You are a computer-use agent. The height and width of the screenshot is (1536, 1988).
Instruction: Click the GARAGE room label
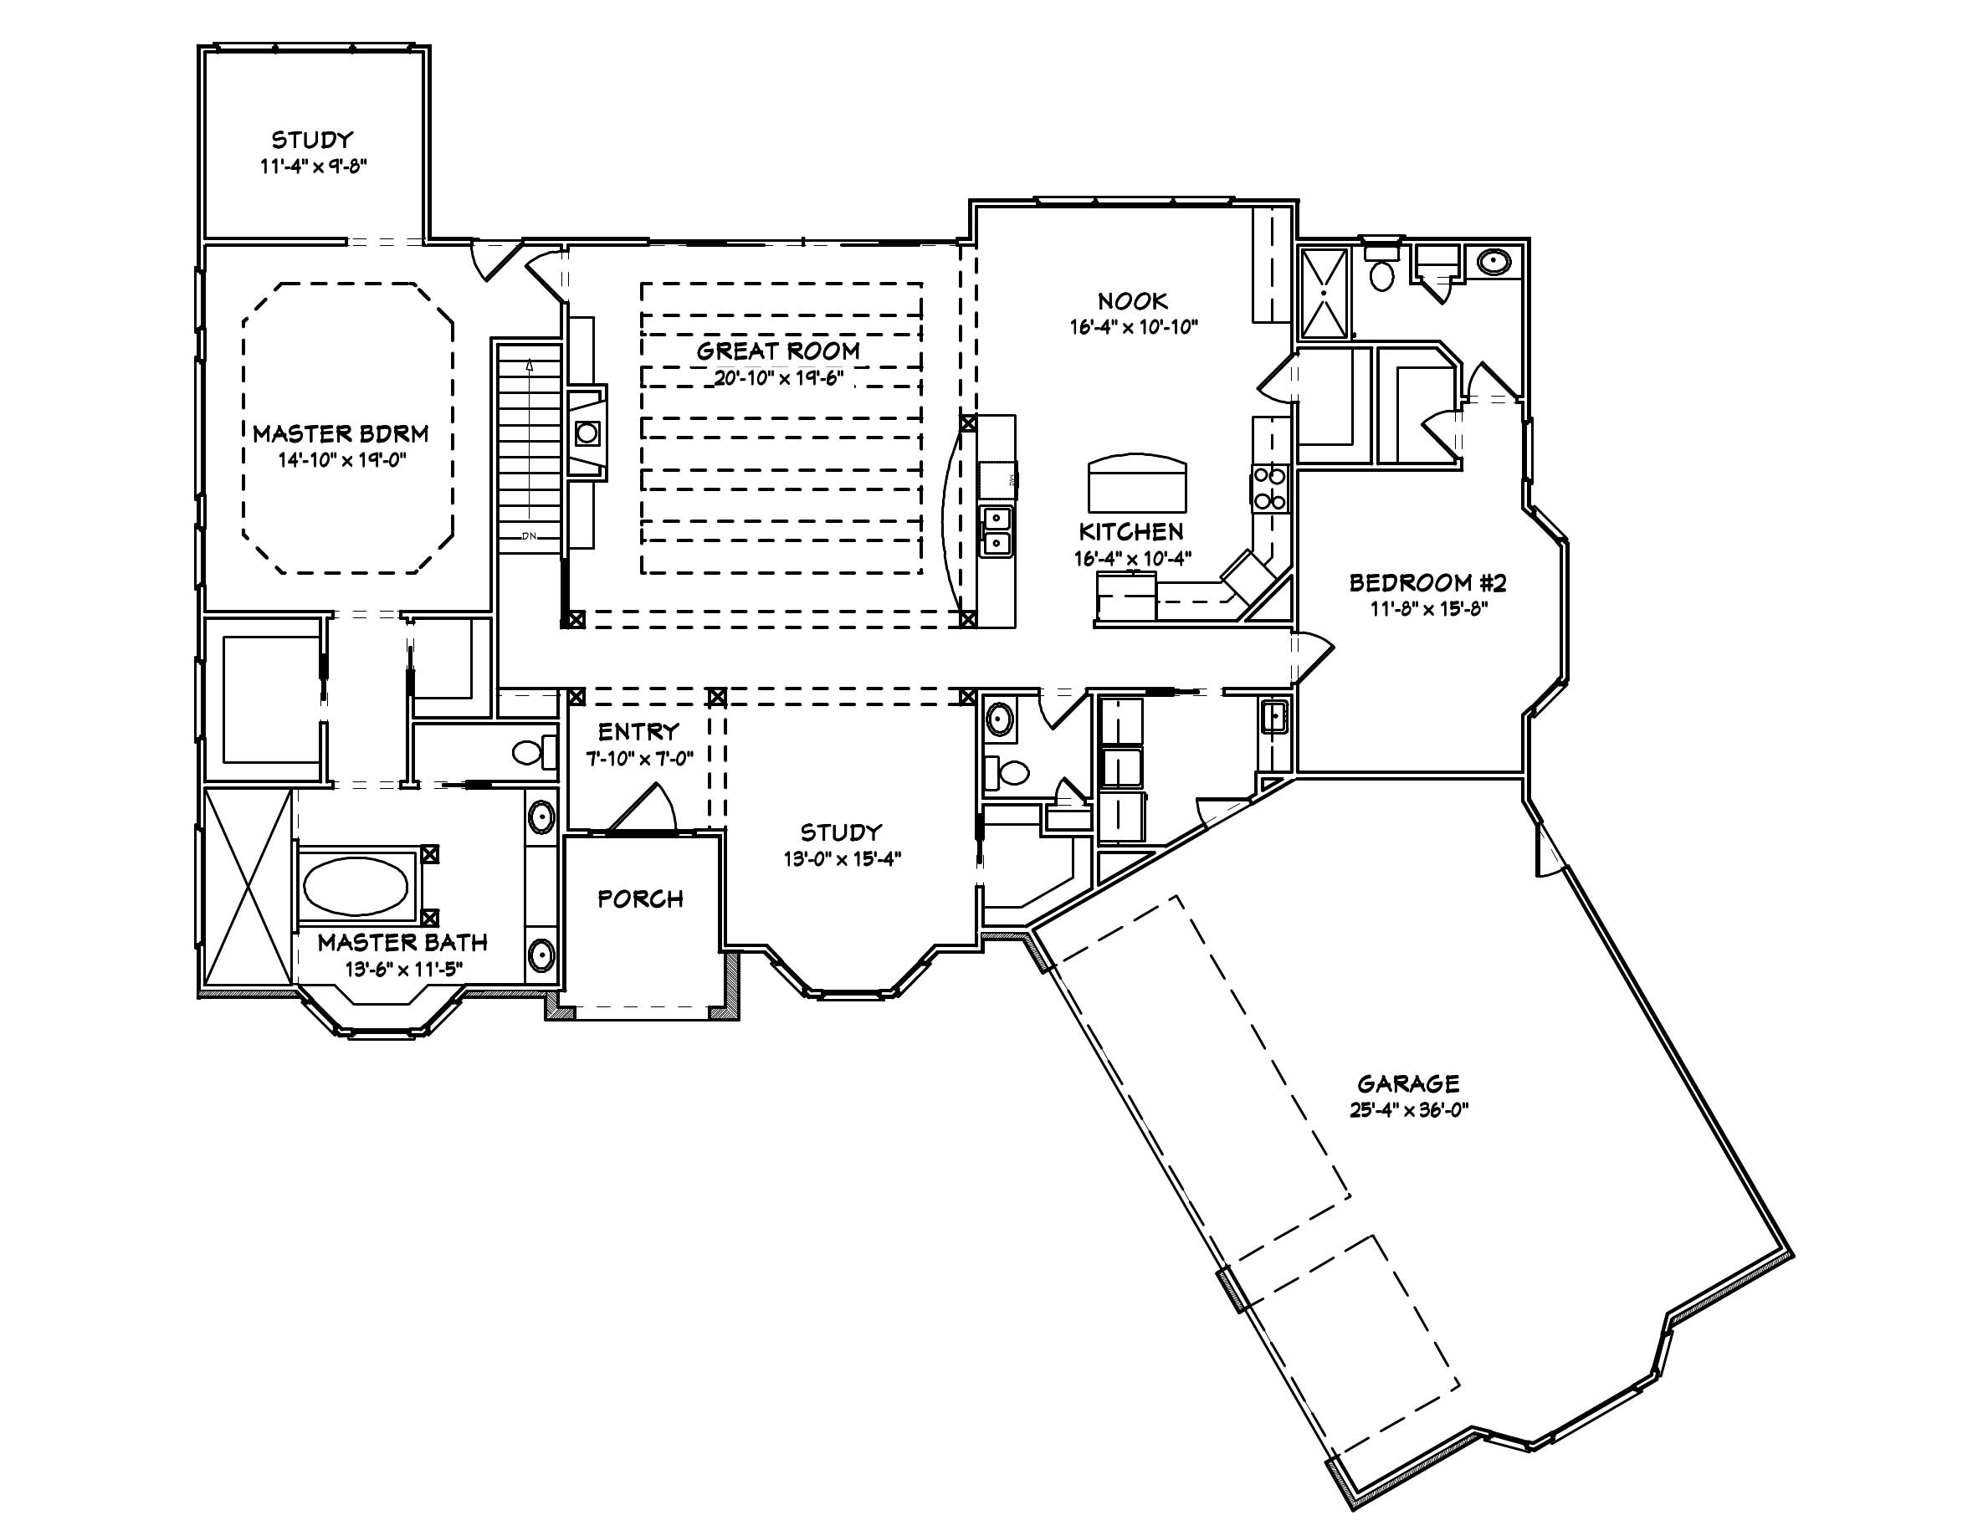click(1408, 1083)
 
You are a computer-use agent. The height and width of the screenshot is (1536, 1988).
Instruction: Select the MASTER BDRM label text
click(341, 434)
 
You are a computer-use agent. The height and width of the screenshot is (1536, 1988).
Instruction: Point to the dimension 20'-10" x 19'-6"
click(778, 377)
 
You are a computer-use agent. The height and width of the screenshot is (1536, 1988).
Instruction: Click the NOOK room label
click(1132, 301)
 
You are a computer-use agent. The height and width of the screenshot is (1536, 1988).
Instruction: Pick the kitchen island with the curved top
click(1138, 484)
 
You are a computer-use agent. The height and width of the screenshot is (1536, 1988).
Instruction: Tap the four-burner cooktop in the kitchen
click(1269, 488)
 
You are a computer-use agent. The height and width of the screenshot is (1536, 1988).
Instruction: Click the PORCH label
click(641, 899)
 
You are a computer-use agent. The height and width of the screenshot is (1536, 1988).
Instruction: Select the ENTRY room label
click(638, 731)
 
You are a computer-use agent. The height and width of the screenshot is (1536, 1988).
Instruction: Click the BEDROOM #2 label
click(1428, 582)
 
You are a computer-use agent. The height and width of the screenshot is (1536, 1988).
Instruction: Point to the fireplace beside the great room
click(587, 433)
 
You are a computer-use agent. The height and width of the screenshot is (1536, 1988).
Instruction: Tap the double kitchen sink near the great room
click(997, 531)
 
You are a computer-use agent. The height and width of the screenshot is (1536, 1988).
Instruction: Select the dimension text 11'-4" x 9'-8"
click(312, 166)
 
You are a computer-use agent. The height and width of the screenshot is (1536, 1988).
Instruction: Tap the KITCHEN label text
click(1131, 532)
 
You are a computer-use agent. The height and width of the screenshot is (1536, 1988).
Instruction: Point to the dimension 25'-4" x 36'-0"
click(1409, 1109)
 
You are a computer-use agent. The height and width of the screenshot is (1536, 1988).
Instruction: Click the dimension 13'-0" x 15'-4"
click(842, 858)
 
